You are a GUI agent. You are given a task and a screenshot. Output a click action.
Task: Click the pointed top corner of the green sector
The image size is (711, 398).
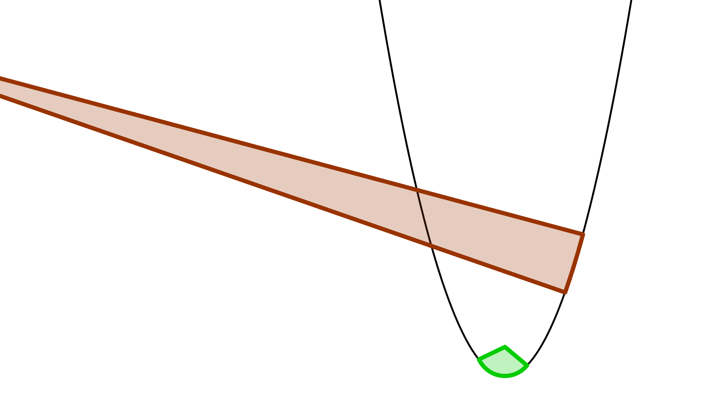[505, 347]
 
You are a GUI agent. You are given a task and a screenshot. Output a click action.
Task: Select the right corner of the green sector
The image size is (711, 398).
[527, 365]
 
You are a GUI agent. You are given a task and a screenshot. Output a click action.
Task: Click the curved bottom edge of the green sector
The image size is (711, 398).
[504, 376]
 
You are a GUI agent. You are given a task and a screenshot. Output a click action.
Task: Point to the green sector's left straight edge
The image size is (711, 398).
[492, 353]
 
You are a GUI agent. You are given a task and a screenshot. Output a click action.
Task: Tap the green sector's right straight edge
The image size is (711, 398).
[516, 356]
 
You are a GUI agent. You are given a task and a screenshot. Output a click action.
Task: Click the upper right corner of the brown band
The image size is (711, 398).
[582, 234]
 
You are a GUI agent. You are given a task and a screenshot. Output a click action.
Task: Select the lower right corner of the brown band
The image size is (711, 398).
[565, 292]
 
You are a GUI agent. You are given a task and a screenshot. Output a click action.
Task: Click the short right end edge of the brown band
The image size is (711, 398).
[574, 263]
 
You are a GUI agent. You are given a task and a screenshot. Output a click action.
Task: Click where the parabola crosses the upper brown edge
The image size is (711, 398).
[416, 189]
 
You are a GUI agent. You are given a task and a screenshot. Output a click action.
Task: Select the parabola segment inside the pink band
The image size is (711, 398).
[423, 217]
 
